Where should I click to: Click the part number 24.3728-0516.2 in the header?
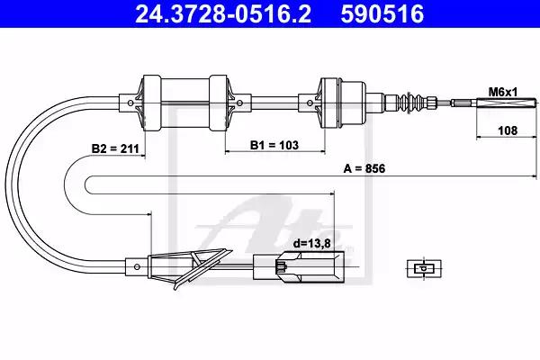tap(223, 13)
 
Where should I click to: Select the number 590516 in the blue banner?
tap(382, 13)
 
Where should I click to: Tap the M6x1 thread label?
tap(503, 92)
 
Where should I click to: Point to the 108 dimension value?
tap(508, 130)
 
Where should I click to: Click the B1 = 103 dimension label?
tap(274, 145)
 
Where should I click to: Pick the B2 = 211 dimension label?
tap(115, 148)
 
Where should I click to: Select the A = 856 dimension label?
tap(364, 169)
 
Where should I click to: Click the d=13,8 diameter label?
tap(311, 244)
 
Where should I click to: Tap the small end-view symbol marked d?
tap(424, 268)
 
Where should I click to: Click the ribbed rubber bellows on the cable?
tap(409, 103)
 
